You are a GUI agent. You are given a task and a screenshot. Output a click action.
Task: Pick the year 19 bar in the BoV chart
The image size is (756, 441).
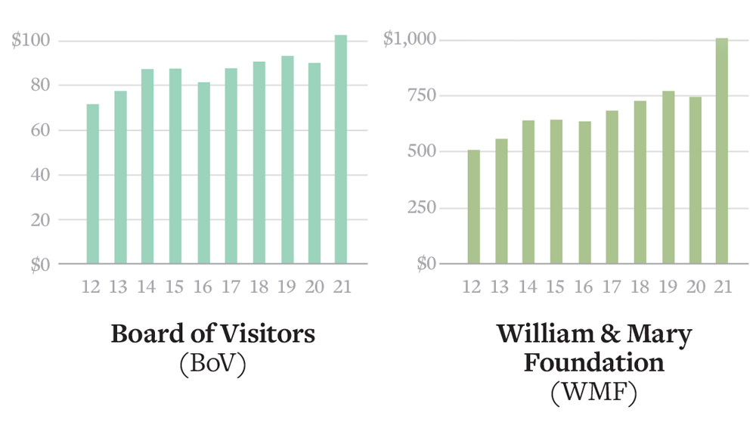click(287, 160)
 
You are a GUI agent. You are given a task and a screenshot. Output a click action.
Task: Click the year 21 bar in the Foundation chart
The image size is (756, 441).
click(722, 151)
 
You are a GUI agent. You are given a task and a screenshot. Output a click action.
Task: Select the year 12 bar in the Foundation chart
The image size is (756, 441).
click(473, 207)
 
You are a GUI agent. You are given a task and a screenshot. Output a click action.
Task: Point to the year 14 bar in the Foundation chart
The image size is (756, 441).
click(528, 192)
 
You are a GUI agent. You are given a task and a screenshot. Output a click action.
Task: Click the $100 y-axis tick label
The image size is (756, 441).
click(31, 40)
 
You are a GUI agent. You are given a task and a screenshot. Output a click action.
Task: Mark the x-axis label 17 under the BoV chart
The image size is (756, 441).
click(231, 288)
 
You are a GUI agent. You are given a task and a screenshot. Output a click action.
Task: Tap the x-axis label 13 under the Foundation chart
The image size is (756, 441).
click(500, 288)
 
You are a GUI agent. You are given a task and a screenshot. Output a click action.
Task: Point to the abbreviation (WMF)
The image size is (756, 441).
click(594, 392)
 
